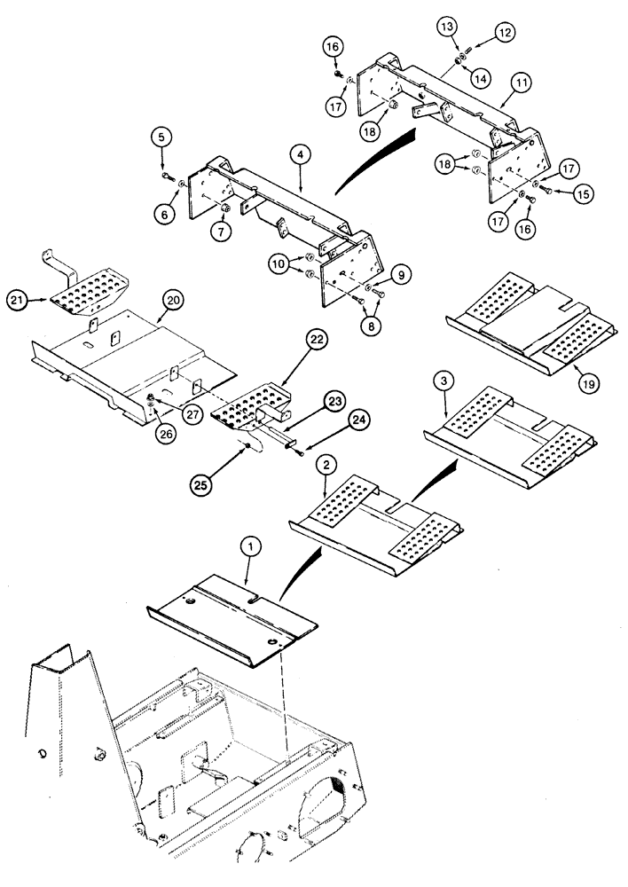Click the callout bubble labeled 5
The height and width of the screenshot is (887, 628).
coord(161,137)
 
